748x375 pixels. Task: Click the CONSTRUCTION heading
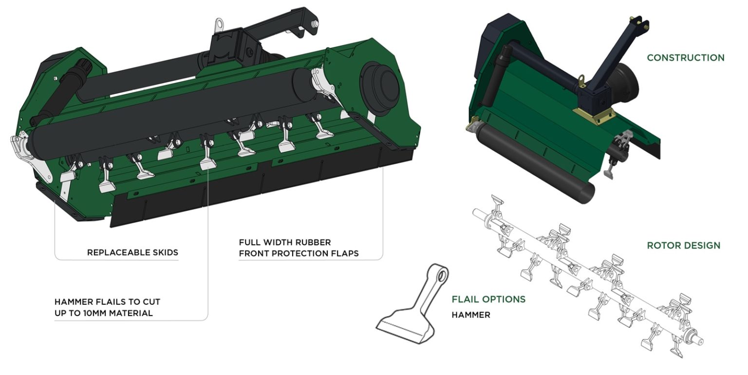pos(685,58)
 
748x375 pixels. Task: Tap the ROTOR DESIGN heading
pos(683,245)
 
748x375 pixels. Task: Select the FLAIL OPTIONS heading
pos(488,299)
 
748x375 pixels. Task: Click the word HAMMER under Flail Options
pos(470,315)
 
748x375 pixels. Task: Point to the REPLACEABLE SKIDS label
pos(132,253)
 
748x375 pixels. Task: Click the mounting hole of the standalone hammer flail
pos(441,277)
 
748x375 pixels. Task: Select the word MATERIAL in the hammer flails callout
pos(131,313)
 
